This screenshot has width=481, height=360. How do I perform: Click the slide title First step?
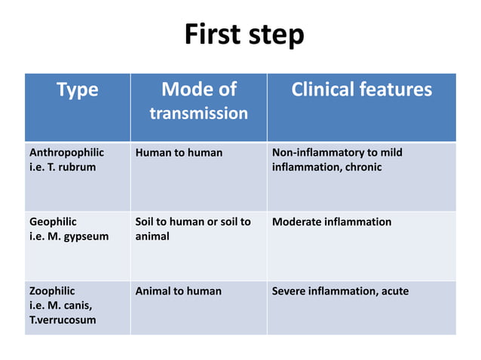point(244,35)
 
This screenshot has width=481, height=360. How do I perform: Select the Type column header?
point(77,90)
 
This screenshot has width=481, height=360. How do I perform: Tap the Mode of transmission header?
point(198,101)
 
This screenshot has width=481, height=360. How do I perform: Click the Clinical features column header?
point(361,90)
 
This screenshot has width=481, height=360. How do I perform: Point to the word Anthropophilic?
point(66,153)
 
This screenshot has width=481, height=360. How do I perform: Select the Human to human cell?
point(179,153)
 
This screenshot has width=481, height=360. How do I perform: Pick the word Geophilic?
point(53,222)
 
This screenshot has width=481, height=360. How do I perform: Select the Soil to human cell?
point(192,228)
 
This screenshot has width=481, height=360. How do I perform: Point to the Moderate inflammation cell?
point(332,222)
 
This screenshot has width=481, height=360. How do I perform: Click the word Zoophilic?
point(52,291)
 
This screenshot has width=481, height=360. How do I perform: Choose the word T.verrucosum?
point(63,319)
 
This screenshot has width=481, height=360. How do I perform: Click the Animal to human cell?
point(178,291)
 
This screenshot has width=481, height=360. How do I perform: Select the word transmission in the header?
point(198,114)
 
